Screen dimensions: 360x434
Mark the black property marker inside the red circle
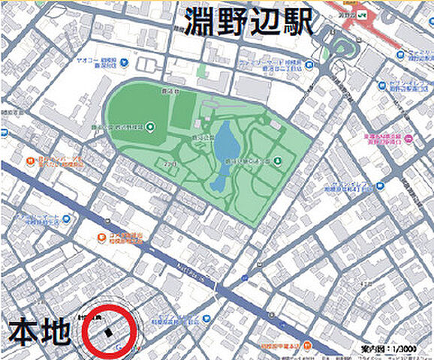(109, 331)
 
